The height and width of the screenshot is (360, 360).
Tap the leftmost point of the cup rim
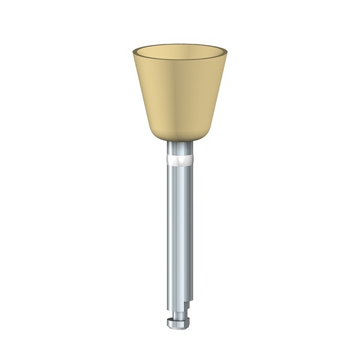(x=133, y=53)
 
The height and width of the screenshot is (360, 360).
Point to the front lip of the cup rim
(x=180, y=64)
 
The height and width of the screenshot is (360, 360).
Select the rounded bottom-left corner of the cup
(x=152, y=135)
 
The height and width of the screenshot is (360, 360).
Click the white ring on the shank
(x=180, y=160)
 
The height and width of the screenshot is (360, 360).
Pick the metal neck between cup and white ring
(x=180, y=148)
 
